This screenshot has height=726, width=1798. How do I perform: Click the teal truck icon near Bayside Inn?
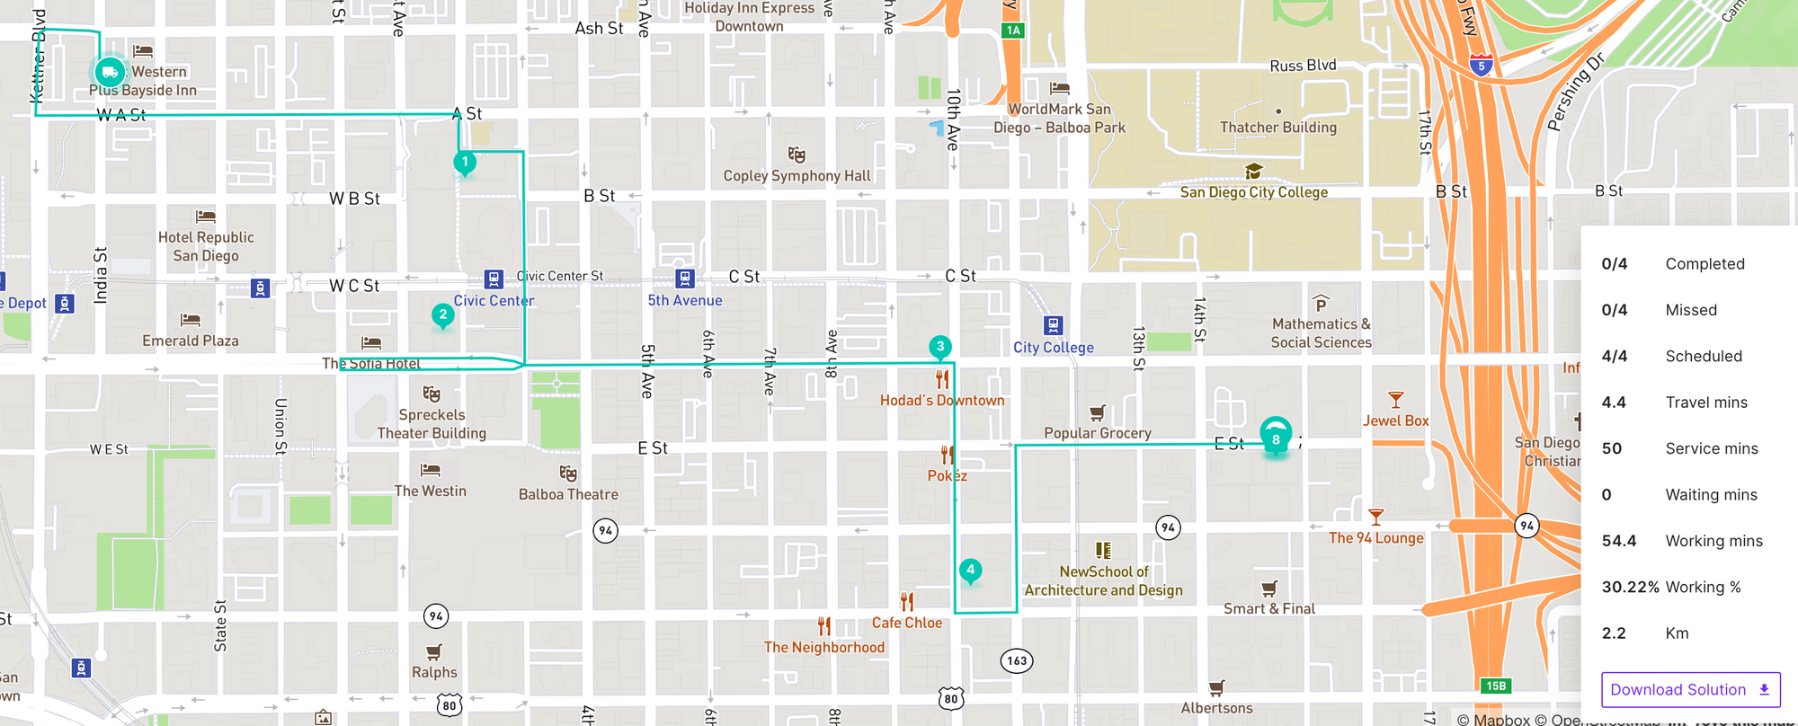click(x=110, y=72)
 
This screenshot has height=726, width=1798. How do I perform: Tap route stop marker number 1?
click(x=465, y=163)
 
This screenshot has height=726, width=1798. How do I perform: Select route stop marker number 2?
click(x=442, y=315)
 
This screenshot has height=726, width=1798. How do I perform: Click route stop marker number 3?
click(x=940, y=347)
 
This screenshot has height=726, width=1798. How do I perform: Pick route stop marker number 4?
click(x=970, y=570)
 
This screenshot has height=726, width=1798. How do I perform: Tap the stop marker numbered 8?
click(x=1276, y=438)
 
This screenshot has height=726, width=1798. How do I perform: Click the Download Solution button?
click(x=1690, y=689)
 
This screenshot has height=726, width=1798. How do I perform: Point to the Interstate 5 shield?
click(x=1482, y=65)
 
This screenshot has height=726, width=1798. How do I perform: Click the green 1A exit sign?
click(x=1013, y=31)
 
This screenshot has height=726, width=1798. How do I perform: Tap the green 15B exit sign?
click(x=1496, y=686)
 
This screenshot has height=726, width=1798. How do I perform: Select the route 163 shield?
click(x=1017, y=660)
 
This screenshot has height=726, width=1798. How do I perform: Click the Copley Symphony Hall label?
click(x=797, y=176)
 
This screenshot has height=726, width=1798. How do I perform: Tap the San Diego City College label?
click(x=1253, y=192)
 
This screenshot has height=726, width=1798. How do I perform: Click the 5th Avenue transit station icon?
click(x=685, y=279)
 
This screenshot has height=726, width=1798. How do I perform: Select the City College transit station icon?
click(x=1054, y=325)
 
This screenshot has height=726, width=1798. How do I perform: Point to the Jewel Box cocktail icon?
click(x=1395, y=400)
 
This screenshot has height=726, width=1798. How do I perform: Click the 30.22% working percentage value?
click(x=1630, y=587)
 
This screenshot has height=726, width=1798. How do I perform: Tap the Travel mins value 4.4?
click(x=1614, y=403)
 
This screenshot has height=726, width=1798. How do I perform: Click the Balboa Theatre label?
click(x=568, y=494)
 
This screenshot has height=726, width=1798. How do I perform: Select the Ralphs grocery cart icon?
click(x=434, y=651)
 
